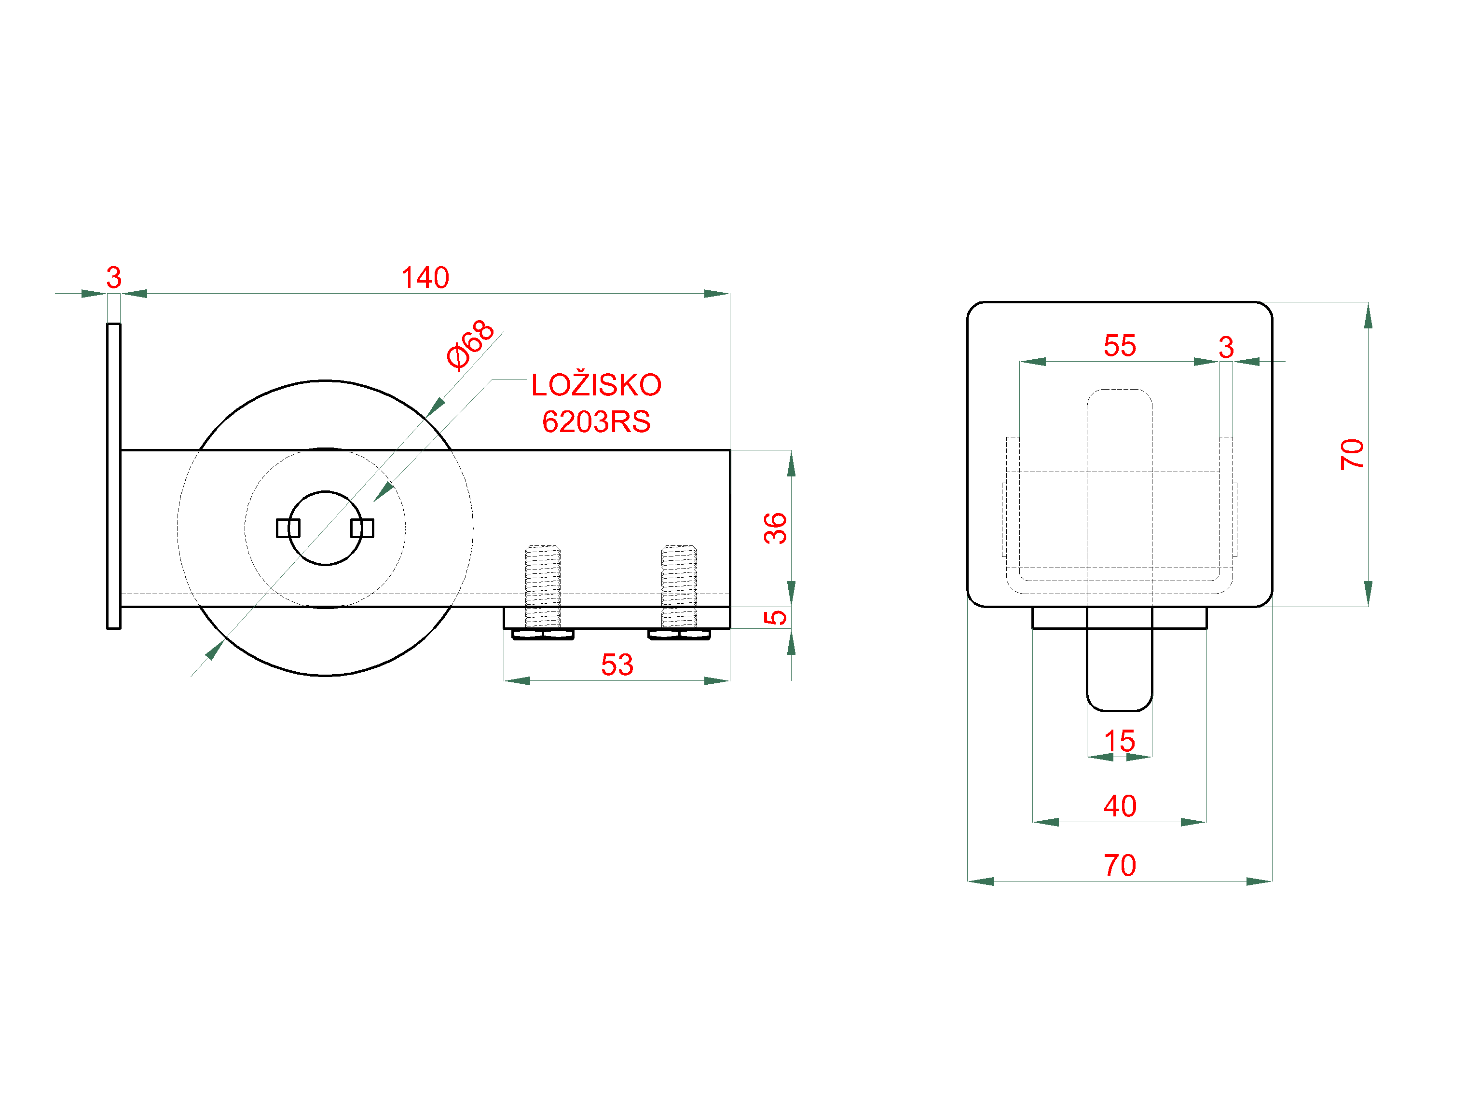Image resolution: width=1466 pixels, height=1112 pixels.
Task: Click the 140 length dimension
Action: point(425,278)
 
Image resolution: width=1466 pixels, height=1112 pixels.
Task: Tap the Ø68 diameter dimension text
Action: point(470,345)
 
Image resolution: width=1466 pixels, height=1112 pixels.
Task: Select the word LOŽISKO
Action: point(596,385)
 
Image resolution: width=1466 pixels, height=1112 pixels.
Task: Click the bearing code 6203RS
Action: point(596,422)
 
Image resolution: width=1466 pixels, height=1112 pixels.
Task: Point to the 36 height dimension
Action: point(775,528)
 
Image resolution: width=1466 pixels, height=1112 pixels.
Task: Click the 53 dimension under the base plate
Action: point(617,664)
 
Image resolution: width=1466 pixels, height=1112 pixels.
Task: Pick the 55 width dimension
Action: point(1119,345)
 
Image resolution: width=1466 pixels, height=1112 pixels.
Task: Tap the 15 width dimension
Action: point(1119,741)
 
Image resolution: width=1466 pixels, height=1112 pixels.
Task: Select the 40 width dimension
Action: point(1119,806)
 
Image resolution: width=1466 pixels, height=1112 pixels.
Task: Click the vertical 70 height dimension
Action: point(1352,455)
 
